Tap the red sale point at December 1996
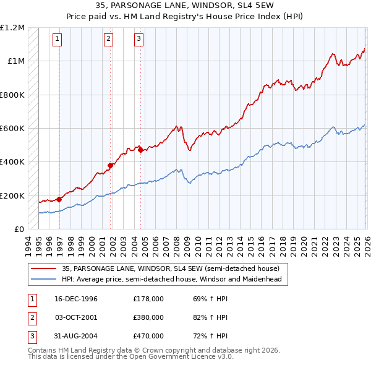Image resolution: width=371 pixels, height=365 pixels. tap(59, 199)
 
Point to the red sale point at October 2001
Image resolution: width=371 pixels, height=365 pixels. tap(110, 165)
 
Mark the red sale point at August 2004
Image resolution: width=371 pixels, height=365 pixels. tap(140, 150)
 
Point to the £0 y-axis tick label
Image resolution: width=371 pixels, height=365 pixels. tap(19, 230)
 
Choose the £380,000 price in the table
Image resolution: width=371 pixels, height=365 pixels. tap(148, 317)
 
